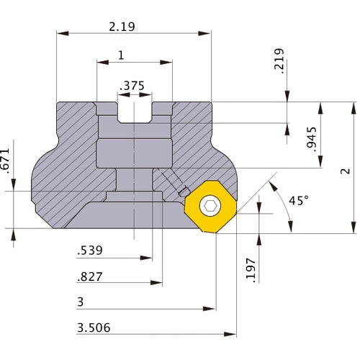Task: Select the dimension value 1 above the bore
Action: [120, 55]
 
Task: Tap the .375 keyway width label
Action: [134, 85]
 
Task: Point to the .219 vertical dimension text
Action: [279, 60]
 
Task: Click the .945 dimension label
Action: [311, 137]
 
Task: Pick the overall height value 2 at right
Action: [346, 171]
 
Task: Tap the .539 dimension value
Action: [90, 251]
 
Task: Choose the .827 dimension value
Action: [90, 276]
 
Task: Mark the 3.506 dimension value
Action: [93, 328]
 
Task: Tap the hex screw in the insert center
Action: [210, 207]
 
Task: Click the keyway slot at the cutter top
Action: [134, 112]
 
